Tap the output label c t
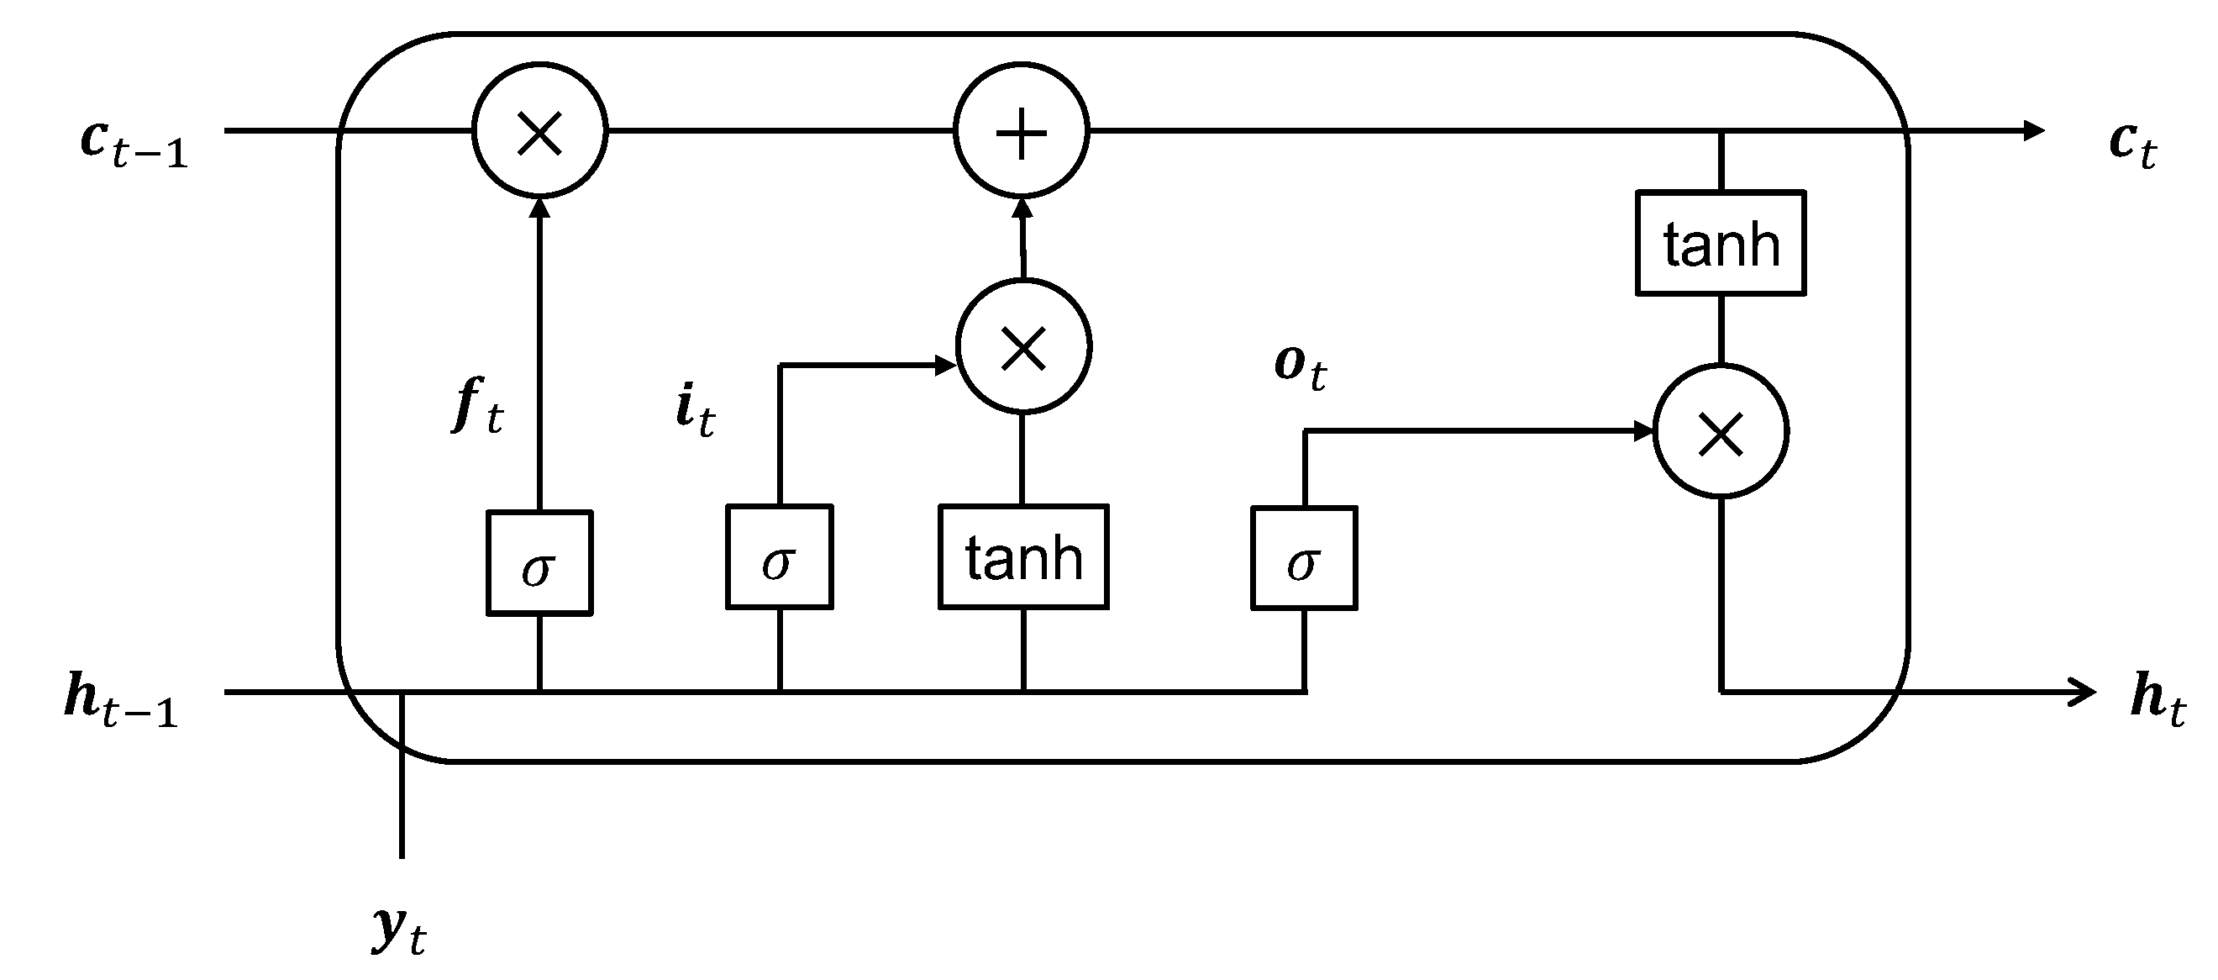click(2132, 145)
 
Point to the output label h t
click(2157, 701)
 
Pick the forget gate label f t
click(477, 407)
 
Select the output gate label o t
click(1301, 368)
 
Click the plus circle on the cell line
click(1021, 132)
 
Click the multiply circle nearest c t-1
click(540, 132)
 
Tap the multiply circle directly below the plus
click(1024, 347)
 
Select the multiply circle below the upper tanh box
click(1721, 432)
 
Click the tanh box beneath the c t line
click(1721, 244)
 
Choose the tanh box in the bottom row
click(1023, 557)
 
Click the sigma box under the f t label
click(539, 563)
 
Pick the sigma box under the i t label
click(779, 557)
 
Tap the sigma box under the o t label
click(1304, 559)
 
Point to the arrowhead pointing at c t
click(2033, 131)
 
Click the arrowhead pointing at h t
click(2084, 691)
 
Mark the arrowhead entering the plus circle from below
click(1022, 209)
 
